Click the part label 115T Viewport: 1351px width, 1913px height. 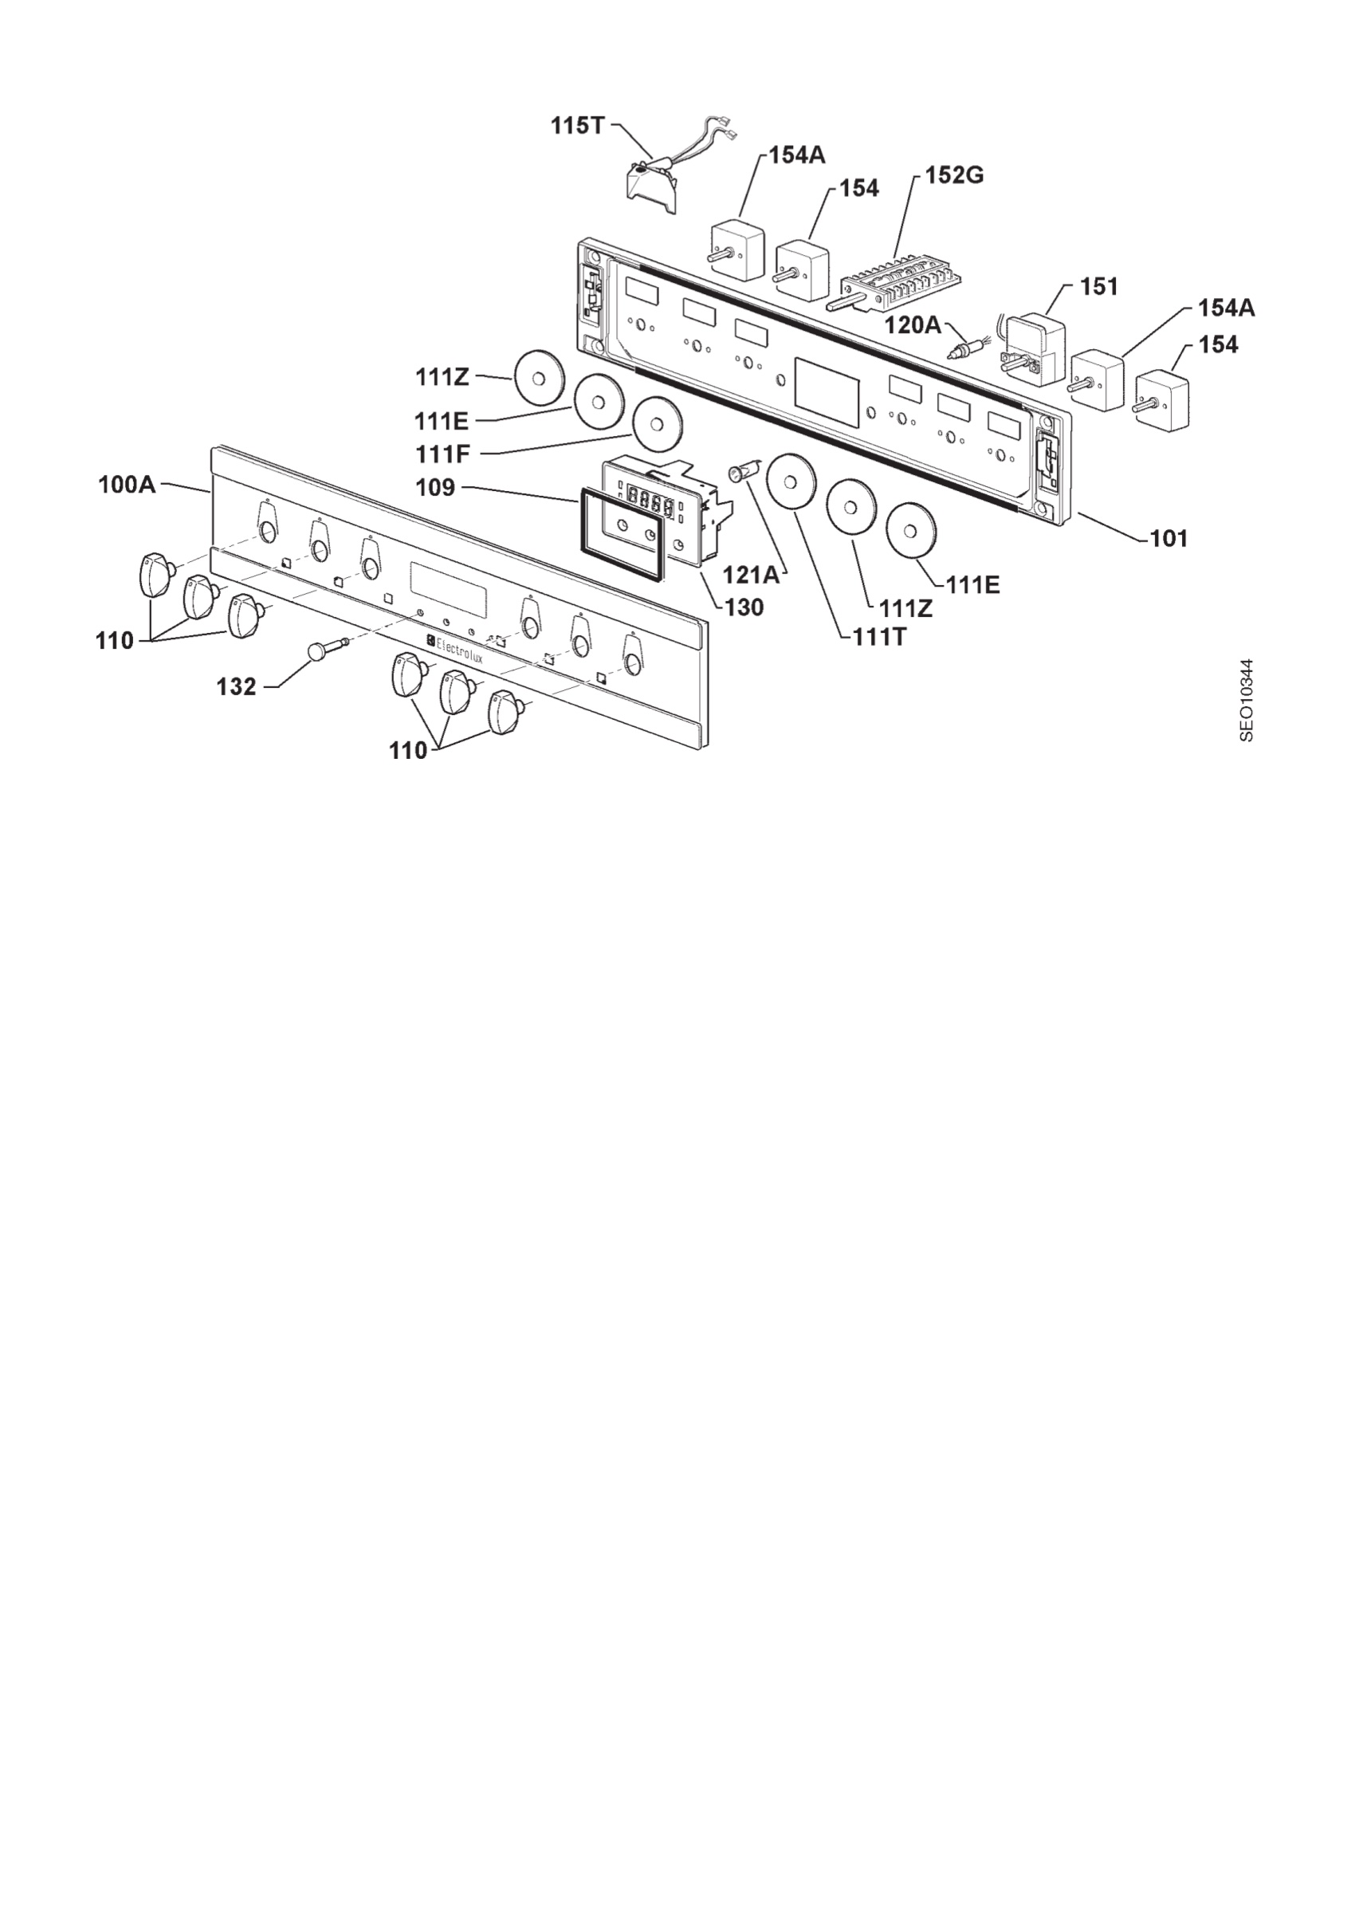tap(576, 126)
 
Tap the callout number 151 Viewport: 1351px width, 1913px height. tap(1098, 287)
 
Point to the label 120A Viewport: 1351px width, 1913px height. tap(913, 324)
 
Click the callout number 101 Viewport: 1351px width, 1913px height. tap(1168, 539)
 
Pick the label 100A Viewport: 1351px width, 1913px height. tap(127, 484)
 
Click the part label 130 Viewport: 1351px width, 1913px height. tap(744, 608)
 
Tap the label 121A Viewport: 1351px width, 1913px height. tap(751, 575)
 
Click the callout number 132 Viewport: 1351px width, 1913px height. tap(237, 686)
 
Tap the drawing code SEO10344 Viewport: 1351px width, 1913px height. tap(1246, 700)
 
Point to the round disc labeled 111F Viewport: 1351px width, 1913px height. tap(658, 424)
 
